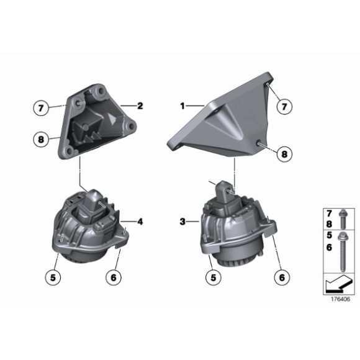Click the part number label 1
click(x=182, y=106)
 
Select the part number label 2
click(x=140, y=106)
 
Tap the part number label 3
click(x=182, y=222)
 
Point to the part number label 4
click(x=140, y=222)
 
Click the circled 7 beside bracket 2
click(x=41, y=107)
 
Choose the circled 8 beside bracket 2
click(x=41, y=140)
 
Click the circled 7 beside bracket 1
click(x=284, y=107)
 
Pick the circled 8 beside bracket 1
click(x=284, y=154)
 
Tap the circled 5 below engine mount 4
click(x=53, y=277)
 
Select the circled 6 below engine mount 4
click(x=114, y=277)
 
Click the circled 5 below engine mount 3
click(x=214, y=277)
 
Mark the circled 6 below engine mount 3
click(x=282, y=277)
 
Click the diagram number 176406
click(x=341, y=299)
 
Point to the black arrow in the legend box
click(x=338, y=285)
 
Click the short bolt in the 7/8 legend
click(x=343, y=219)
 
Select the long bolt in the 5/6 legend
click(x=343, y=252)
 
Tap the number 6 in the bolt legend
click(x=329, y=247)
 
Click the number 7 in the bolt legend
click(x=329, y=214)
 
